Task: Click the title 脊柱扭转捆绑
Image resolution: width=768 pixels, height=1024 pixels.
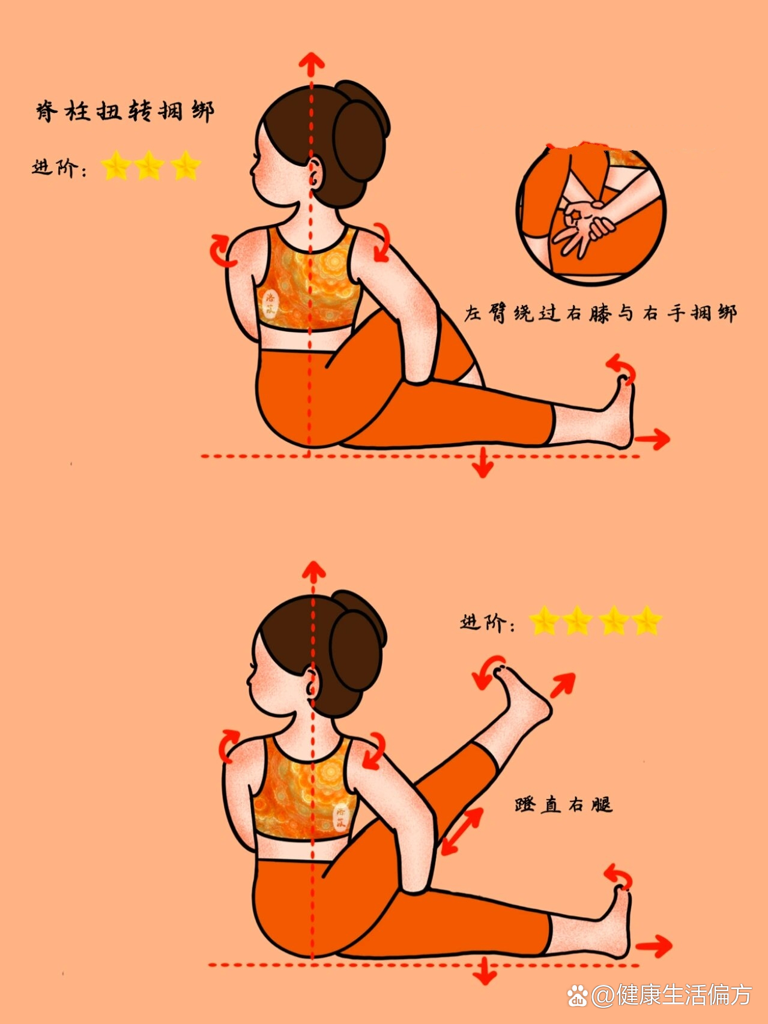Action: (x=125, y=112)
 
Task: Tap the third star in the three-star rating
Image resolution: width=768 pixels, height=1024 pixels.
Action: (x=186, y=166)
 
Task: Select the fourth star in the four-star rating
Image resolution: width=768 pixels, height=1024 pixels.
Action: (x=647, y=621)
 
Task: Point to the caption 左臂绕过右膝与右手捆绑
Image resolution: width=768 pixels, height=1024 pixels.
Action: (x=599, y=313)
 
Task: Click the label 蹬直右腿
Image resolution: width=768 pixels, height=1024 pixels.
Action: (x=563, y=804)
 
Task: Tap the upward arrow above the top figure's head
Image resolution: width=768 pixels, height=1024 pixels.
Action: (x=311, y=64)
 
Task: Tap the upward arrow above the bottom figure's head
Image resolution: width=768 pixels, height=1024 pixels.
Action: (x=313, y=572)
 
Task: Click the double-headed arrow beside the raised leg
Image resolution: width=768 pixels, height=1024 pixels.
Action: (x=461, y=831)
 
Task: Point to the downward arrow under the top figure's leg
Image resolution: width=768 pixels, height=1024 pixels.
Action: (x=482, y=463)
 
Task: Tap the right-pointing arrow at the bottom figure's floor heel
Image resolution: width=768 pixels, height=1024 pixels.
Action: (x=654, y=947)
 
